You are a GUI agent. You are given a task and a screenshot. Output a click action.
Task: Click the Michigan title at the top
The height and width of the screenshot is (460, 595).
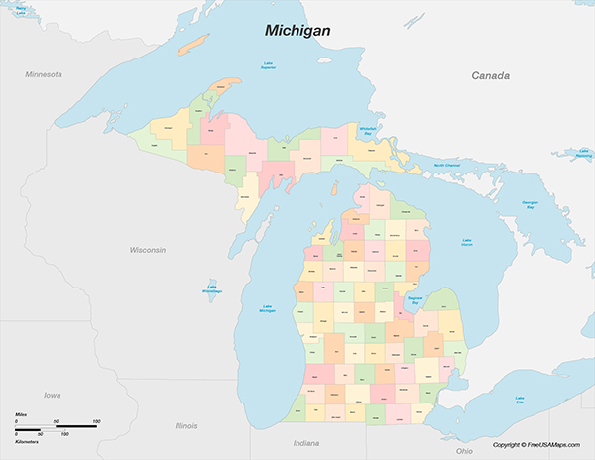coord(297,31)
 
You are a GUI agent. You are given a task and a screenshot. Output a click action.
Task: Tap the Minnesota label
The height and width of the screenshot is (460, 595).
coord(44,74)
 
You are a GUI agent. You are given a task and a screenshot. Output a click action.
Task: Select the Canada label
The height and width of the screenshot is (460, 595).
coord(490,76)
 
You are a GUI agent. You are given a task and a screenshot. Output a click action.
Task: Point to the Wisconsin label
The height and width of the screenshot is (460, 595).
coord(147,250)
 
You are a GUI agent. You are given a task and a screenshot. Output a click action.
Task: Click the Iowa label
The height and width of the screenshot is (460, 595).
coord(52,394)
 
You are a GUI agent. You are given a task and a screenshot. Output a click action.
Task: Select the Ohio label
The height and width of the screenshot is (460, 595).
coord(464,423)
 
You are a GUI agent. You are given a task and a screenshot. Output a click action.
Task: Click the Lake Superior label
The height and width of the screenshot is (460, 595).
coord(268,66)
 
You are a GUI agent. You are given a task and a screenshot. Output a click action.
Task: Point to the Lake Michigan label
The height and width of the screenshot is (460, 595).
coord(267,309)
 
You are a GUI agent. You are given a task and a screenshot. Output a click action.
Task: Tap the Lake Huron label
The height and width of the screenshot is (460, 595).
coord(467,241)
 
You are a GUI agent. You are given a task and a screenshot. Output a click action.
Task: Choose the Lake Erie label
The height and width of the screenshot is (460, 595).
coord(519,402)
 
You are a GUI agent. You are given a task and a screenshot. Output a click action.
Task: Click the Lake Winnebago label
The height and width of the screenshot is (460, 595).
coord(212,289)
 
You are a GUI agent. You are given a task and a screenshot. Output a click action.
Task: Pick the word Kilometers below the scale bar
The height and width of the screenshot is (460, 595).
coord(27,441)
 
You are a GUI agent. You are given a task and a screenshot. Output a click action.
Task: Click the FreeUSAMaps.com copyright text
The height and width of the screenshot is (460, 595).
coord(539,445)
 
